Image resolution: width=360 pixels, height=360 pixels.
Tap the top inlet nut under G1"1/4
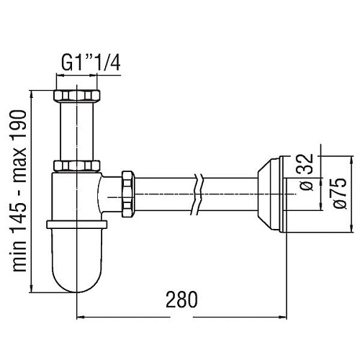pos(77,95)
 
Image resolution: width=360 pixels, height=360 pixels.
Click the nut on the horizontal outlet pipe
pos(128,194)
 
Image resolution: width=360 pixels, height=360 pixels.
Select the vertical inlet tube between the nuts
pos(77,130)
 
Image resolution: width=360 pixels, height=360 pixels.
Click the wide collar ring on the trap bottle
pos(77,222)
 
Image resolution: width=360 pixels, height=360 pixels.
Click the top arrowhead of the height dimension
pos(32,93)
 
